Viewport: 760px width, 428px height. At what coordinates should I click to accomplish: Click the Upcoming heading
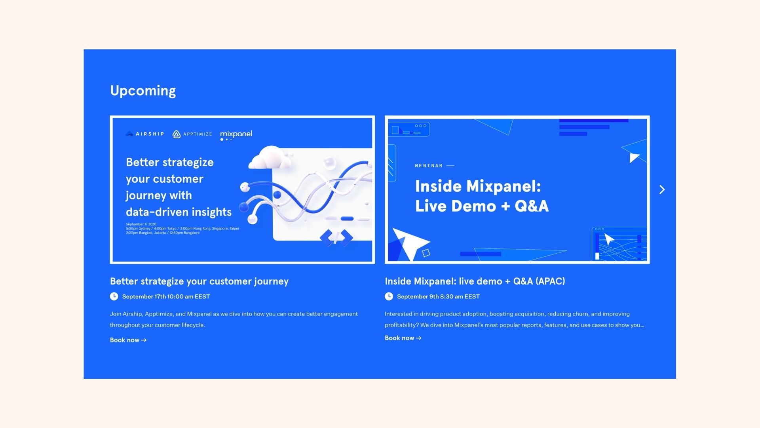pos(143,91)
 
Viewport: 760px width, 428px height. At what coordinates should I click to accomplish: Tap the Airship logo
pos(144,134)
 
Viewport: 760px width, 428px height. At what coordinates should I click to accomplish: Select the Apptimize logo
pos(192,134)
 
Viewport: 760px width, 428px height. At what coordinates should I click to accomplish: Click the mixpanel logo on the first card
pos(236,135)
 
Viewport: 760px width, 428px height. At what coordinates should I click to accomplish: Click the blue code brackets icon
pos(336,238)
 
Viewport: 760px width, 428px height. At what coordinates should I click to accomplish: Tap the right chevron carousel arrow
pos(662,190)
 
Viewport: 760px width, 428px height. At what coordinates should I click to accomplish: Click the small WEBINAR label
pos(429,166)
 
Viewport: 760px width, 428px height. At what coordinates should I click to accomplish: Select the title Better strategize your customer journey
pos(199,281)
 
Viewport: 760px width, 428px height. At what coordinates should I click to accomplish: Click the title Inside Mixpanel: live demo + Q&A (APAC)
pos(475,281)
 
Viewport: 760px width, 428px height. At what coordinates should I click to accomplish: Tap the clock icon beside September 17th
pos(114,296)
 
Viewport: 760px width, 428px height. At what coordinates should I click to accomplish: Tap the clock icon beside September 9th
pos(389,296)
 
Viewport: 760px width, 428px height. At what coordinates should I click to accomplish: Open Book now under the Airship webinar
pos(128,340)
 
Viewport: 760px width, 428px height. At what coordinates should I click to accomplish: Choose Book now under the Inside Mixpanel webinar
pos(403,338)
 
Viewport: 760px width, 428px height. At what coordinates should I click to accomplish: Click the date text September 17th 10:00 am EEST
pos(166,296)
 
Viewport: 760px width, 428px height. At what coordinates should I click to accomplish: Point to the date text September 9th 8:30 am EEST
pos(438,296)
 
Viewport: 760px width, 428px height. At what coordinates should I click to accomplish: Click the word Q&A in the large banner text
pos(532,206)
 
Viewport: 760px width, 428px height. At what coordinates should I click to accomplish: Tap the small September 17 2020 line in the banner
pos(141,224)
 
